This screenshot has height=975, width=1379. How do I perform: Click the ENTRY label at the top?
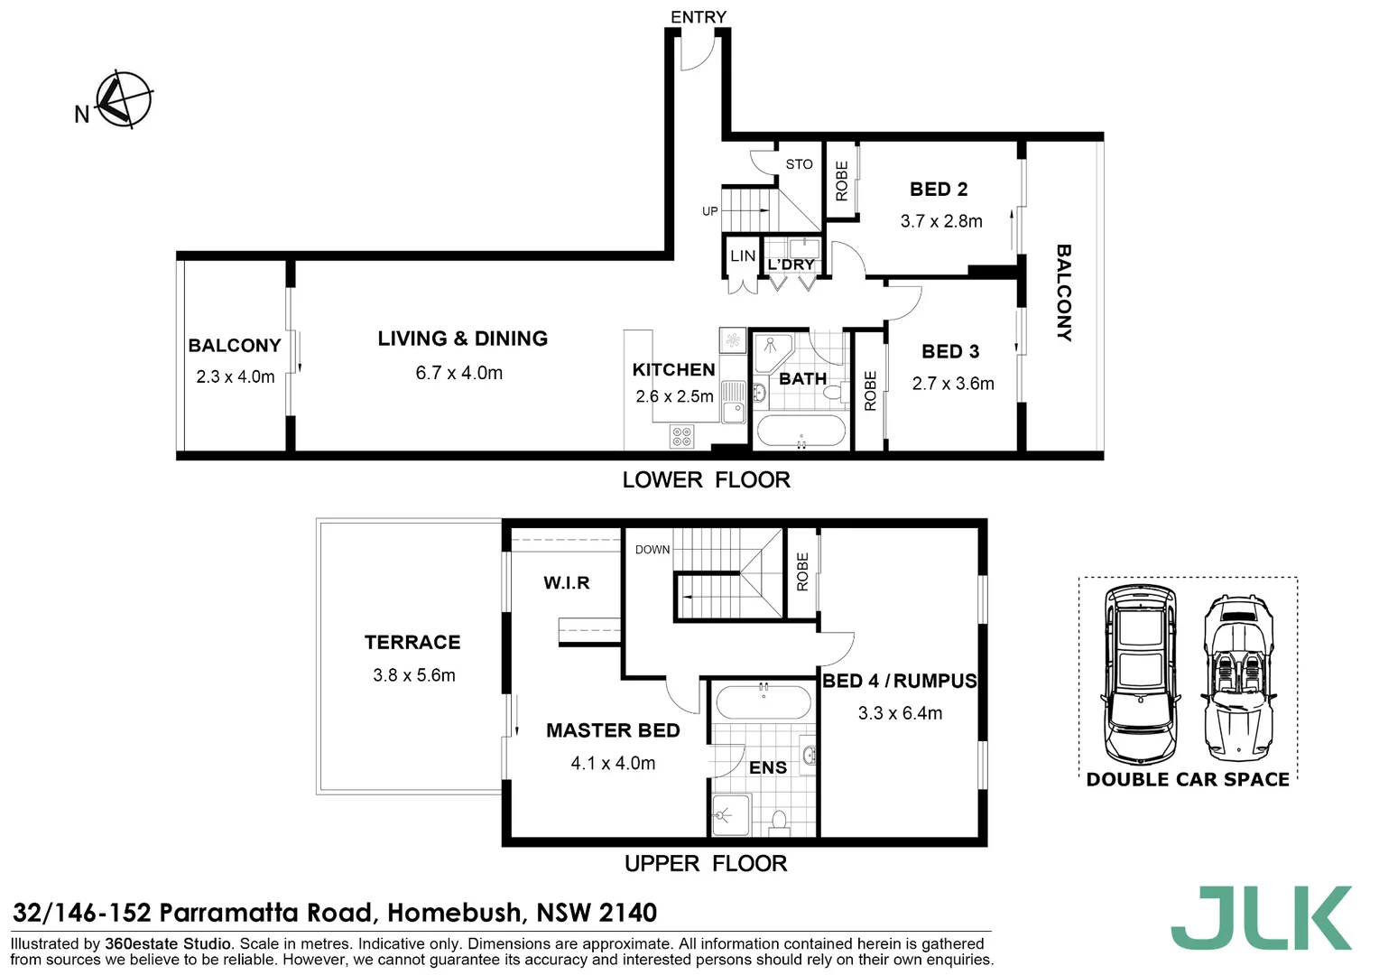[x=698, y=17]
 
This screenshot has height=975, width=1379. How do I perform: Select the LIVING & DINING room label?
[x=462, y=339]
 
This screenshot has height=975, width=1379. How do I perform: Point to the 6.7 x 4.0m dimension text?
[x=458, y=373]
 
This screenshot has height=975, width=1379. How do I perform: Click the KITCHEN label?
[x=673, y=369]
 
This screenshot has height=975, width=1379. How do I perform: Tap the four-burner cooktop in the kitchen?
[x=682, y=437]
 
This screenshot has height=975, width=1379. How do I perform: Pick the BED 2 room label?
[x=939, y=190]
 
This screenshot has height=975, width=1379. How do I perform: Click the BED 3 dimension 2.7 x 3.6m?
[x=953, y=384]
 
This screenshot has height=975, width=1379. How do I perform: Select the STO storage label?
[x=799, y=164]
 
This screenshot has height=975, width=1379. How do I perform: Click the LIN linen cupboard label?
[x=743, y=256]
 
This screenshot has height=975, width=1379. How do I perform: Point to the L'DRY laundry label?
[x=791, y=265]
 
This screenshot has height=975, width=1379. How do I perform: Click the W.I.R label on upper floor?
[x=567, y=583]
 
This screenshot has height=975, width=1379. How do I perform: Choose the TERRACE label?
[x=412, y=643]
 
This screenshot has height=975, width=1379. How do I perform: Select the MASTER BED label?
[x=613, y=730]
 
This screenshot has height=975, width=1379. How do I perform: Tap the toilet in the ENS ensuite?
[x=780, y=822]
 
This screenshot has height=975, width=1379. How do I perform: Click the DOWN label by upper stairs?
[x=652, y=550]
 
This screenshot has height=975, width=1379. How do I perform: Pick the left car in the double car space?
[x=1140, y=675]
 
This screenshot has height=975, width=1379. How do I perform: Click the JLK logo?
[x=1261, y=918]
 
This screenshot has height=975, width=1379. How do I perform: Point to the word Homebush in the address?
[x=455, y=913]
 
